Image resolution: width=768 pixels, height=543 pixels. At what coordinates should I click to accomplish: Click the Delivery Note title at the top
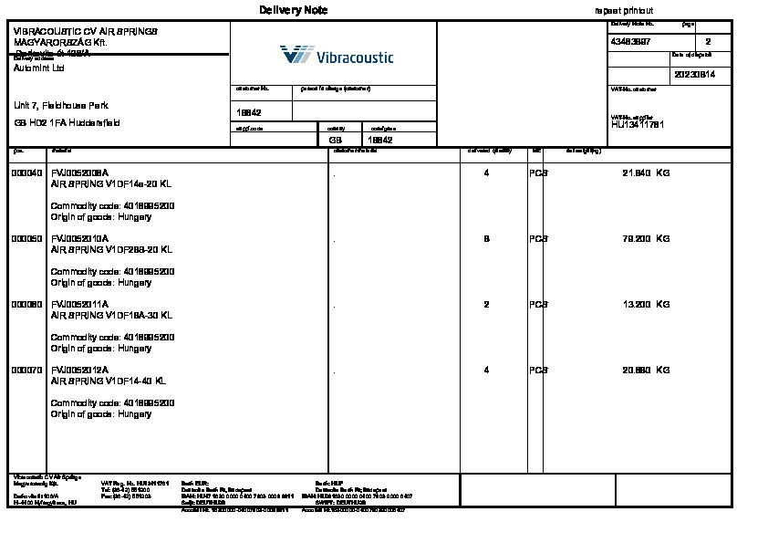[x=293, y=10]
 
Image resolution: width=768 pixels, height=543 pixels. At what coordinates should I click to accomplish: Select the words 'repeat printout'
[x=624, y=10]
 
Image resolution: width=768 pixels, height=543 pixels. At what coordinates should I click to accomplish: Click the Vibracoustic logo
[x=337, y=57]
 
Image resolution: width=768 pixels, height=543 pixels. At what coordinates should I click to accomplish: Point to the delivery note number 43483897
[x=630, y=42]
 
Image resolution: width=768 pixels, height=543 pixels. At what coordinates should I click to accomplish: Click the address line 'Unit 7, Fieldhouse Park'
[x=61, y=106]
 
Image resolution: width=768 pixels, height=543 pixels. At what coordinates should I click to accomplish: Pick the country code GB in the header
[x=336, y=141]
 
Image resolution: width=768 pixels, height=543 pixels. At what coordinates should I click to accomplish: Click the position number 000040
[x=26, y=172]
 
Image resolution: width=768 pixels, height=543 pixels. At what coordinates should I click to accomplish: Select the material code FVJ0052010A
[x=79, y=238]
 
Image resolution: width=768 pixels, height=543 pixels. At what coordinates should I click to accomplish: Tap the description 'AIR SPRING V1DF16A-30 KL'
[x=111, y=315]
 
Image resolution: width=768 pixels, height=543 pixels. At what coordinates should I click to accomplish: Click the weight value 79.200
[x=636, y=238]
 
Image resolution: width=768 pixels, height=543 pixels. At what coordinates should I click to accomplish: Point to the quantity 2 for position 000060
[x=486, y=304]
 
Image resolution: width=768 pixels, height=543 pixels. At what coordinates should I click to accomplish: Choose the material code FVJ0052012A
[x=79, y=370]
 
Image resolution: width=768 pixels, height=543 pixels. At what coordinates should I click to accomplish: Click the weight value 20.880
[x=636, y=370]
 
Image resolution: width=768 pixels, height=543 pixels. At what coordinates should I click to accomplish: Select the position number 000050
[x=26, y=238]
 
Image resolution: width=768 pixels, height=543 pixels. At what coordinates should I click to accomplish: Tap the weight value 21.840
[x=636, y=172]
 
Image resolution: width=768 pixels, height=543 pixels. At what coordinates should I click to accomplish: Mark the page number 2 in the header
[x=708, y=42]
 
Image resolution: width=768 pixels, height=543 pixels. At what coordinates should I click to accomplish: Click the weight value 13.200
[x=636, y=304]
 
